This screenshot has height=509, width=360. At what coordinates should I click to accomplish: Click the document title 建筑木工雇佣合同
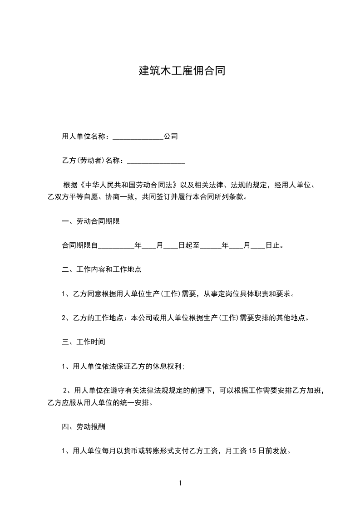(182, 71)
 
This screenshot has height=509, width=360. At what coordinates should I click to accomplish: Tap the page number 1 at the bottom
(180, 483)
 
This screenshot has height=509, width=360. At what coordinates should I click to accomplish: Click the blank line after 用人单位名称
(138, 137)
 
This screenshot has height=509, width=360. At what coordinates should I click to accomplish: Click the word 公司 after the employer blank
(170, 136)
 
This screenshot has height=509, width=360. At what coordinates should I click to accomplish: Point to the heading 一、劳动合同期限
(91, 222)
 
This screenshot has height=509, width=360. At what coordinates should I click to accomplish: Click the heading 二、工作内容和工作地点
(102, 269)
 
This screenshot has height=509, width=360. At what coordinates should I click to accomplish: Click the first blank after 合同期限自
(116, 246)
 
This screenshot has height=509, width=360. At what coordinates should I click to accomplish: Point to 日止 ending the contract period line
(272, 246)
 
